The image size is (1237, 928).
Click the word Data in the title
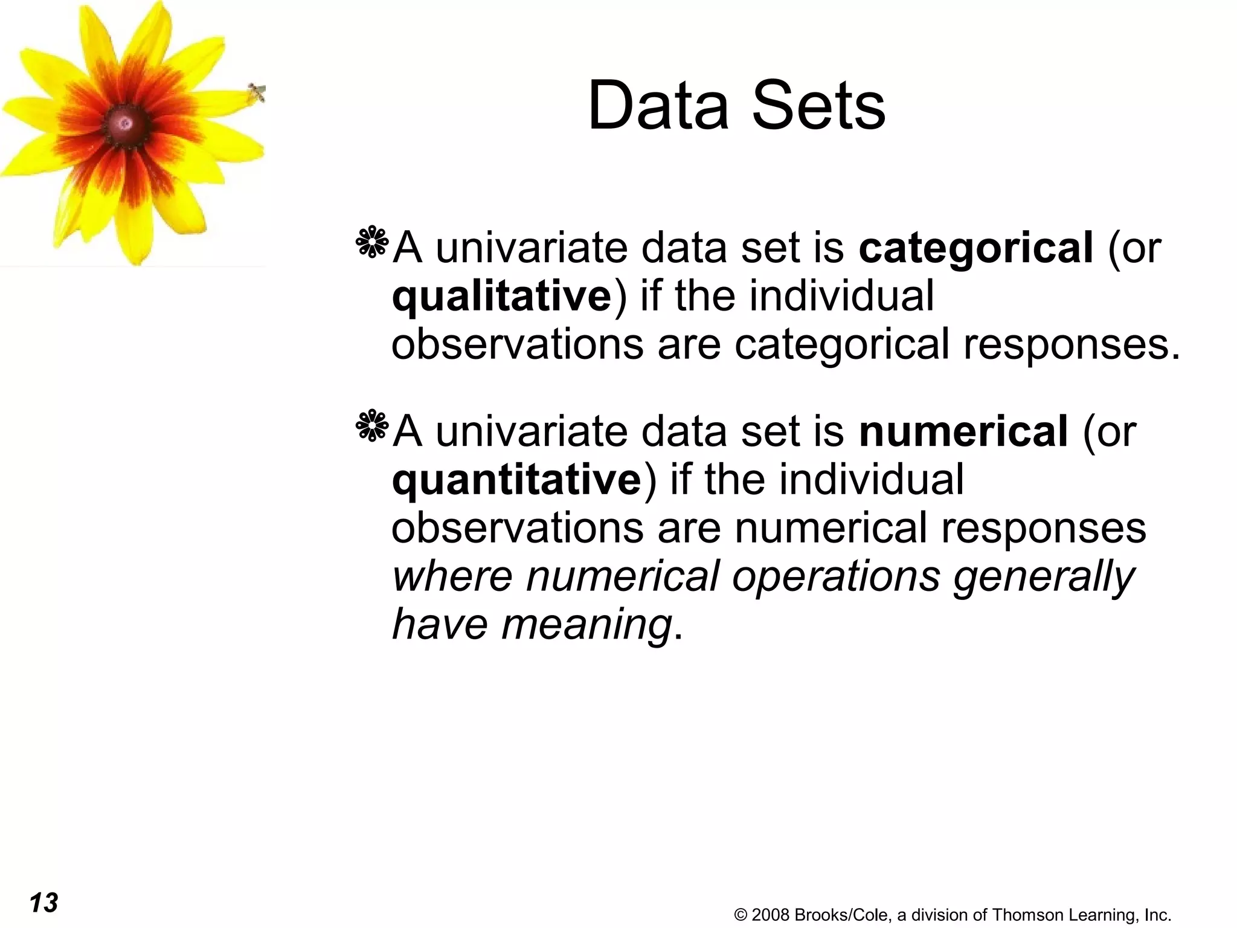click(658, 106)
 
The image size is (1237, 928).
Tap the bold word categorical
click(975, 248)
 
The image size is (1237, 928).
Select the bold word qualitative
click(501, 297)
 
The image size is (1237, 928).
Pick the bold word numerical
click(963, 432)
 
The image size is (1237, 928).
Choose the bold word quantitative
click(516, 480)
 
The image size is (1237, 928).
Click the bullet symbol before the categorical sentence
click(372, 243)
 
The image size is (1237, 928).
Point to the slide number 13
click(43, 903)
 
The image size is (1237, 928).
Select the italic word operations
click(836, 576)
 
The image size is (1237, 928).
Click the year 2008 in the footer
click(771, 915)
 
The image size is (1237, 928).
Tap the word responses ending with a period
click(1071, 346)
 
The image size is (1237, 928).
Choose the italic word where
click(452, 576)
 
